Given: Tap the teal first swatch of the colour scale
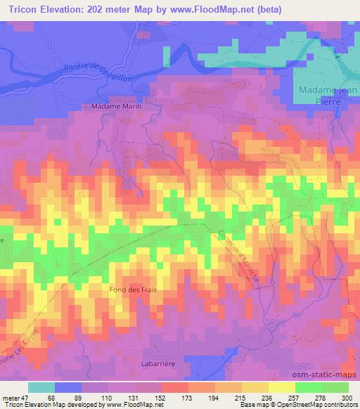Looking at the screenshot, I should (x=41, y=387).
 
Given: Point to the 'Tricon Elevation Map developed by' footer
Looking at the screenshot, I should (x=53, y=405).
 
